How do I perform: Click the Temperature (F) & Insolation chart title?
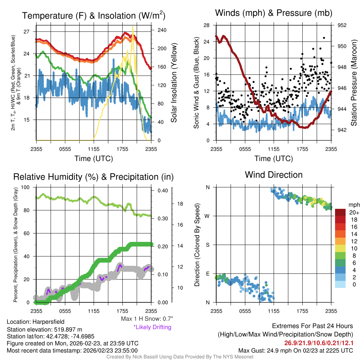[x=94, y=16]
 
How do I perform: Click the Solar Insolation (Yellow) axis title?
[x=174, y=83]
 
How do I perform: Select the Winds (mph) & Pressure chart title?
[x=274, y=13]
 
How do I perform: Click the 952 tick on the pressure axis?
[x=342, y=25]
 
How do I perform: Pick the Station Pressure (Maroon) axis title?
[x=354, y=83]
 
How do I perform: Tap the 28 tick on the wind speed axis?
[x=207, y=25]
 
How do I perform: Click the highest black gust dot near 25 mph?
[x=324, y=38]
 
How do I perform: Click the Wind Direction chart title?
[x=274, y=175]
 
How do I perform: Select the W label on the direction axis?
[x=207, y=216]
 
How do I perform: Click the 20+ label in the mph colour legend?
[x=354, y=213]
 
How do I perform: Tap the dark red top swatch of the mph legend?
[x=341, y=212]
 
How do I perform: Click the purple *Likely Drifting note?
[x=152, y=327]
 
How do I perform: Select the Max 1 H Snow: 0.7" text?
[x=147, y=319]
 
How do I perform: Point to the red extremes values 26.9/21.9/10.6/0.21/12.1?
[x=318, y=343]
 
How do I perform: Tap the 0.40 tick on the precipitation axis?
[x=162, y=191]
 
